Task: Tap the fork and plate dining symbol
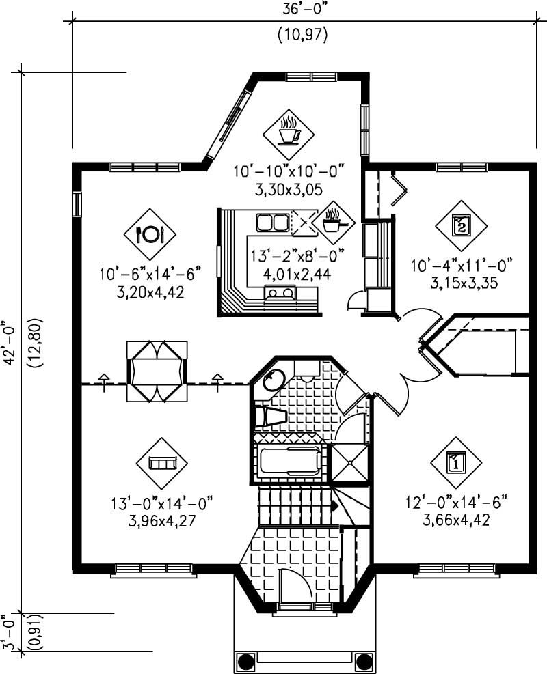pyautogui.click(x=150, y=234)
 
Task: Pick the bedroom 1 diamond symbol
pyautogui.click(x=456, y=463)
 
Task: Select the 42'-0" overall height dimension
pyautogui.click(x=10, y=341)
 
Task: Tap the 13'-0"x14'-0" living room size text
pyautogui.click(x=163, y=504)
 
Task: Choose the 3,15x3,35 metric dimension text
pyautogui.click(x=461, y=282)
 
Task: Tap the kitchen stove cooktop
pyautogui.click(x=281, y=294)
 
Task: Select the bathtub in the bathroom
pyautogui.click(x=290, y=462)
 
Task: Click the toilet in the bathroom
pyautogui.click(x=269, y=416)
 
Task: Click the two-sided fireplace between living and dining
pyautogui.click(x=157, y=372)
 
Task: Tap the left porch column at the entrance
pyautogui.click(x=246, y=660)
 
